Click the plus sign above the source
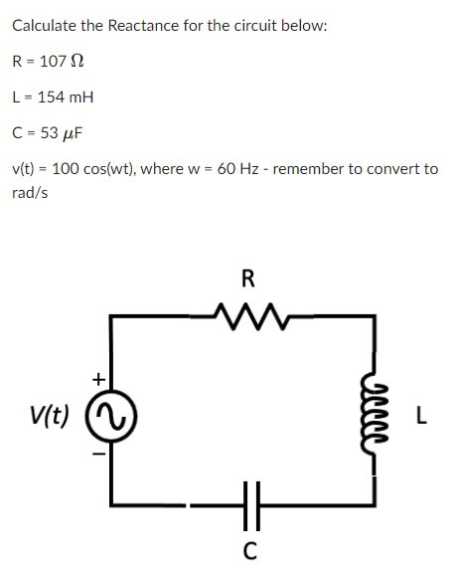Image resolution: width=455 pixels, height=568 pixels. point(98,379)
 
